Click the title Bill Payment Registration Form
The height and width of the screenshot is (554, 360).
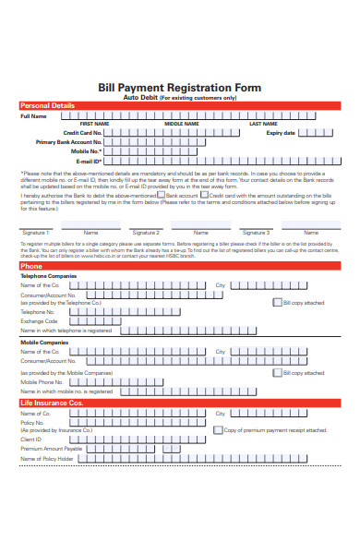click(179, 87)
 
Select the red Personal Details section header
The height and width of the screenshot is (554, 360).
click(48, 106)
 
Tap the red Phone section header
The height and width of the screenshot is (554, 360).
click(31, 265)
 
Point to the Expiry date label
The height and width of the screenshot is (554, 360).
click(281, 133)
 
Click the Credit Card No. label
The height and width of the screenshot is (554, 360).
click(82, 133)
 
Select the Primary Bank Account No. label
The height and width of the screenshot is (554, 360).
click(69, 142)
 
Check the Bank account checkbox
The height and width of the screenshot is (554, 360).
click(162, 195)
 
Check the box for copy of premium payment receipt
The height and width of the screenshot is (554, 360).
click(218, 429)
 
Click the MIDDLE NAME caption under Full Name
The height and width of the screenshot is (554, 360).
click(181, 124)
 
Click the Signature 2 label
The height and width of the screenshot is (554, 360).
click(145, 233)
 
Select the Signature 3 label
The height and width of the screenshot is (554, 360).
click(256, 233)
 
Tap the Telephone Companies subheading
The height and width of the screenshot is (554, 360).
click(49, 276)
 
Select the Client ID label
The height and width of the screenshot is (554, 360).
click(32, 439)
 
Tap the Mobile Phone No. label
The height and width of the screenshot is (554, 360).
click(43, 381)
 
